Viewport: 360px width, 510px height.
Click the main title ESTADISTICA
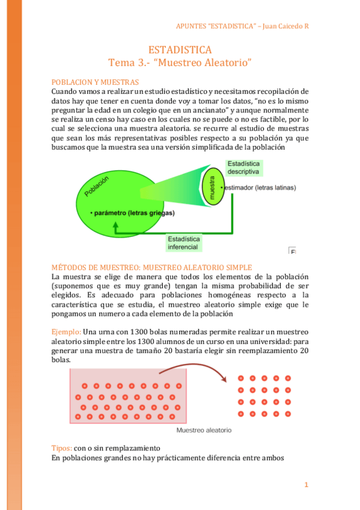pos(180,50)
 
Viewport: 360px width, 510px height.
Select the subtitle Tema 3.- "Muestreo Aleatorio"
pos(180,63)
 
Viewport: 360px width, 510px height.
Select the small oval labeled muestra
pos(212,188)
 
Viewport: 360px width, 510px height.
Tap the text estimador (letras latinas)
pos(258,188)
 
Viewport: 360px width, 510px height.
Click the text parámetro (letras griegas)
pos(132,213)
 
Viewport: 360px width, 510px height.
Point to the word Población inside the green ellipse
pos(97,187)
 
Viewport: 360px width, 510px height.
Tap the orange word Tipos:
pos(62,449)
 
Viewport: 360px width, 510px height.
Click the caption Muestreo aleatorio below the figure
pos(203,431)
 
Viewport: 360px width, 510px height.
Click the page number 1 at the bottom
pos(306,485)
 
